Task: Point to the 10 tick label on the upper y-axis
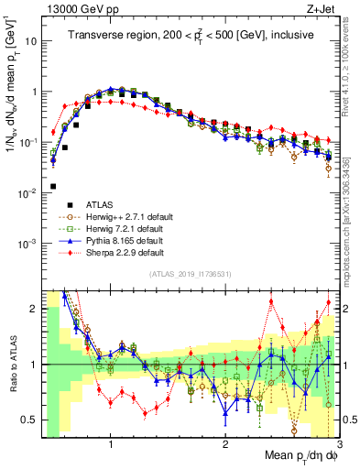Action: click(30, 42)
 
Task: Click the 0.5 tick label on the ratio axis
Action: click(28, 420)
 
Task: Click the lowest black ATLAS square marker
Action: click(53, 187)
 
